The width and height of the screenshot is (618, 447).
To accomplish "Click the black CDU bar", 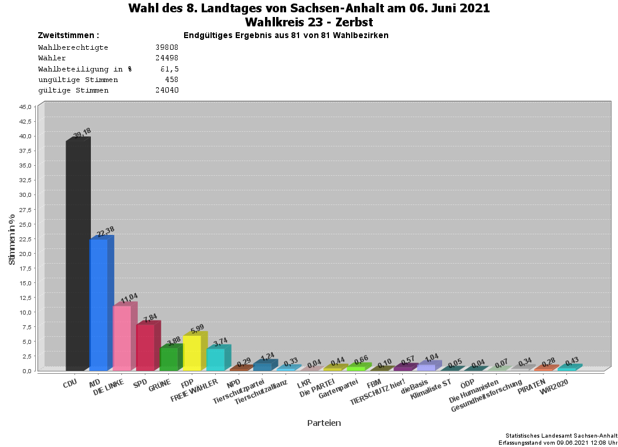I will click(77, 255).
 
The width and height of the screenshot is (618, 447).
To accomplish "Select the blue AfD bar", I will click(99, 305).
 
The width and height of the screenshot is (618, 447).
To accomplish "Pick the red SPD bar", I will click(145, 347).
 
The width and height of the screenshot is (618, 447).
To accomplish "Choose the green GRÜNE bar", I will click(169, 359).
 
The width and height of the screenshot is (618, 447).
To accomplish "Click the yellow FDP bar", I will click(192, 353).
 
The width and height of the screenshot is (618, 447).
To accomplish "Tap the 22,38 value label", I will click(106, 232).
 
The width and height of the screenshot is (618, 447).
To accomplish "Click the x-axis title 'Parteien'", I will click(324, 422).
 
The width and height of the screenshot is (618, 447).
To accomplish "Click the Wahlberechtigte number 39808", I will click(167, 47).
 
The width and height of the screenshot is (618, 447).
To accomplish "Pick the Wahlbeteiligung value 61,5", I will click(169, 69).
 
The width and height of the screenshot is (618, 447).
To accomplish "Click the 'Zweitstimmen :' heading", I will click(69, 35).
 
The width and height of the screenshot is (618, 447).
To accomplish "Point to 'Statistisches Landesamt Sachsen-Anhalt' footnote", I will click(561, 436).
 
